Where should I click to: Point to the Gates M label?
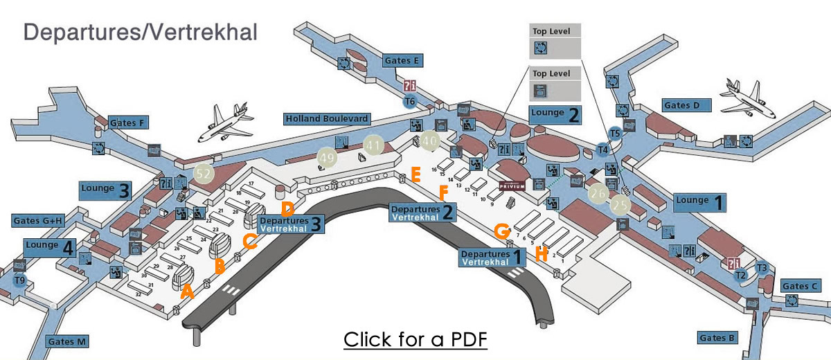click(67, 341)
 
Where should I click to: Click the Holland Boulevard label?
click(326, 119)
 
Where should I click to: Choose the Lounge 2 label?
click(555, 115)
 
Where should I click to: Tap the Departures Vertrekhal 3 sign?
click(290, 224)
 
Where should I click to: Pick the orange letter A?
click(186, 293)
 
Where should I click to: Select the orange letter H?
click(542, 253)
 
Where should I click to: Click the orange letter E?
click(415, 174)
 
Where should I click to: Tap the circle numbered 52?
click(204, 174)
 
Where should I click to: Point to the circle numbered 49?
click(328, 158)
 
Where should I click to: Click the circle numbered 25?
click(620, 205)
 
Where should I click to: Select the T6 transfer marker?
click(410, 102)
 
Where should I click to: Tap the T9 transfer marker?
click(20, 280)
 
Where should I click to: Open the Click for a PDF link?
click(415, 340)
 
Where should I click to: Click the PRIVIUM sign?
click(512, 186)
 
